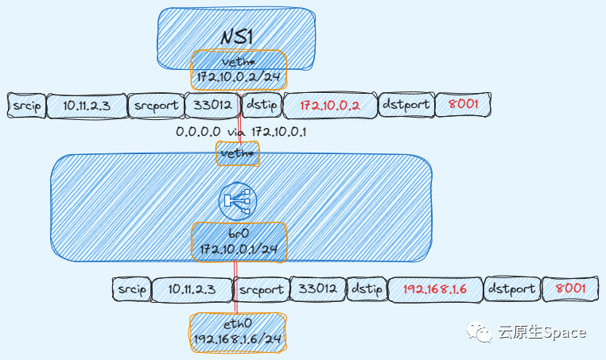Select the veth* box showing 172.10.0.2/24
pos(239,70)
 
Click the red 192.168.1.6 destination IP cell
pos(436,289)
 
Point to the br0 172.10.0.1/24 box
pos(239,242)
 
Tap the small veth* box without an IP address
pos(238,153)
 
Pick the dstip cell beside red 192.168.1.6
pos(367,289)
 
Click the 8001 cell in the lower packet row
pos(569,289)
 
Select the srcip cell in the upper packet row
pos(25,105)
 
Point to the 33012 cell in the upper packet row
pos(212,105)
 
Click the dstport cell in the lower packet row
pos(511,289)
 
